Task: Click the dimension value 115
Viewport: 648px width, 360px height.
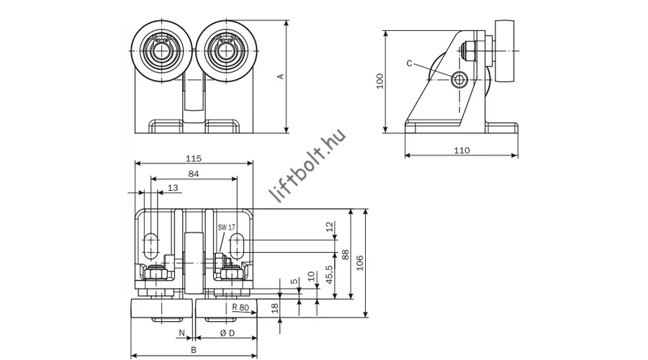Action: point(192,158)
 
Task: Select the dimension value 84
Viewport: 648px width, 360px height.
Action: point(192,174)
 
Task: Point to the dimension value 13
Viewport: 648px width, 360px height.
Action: point(172,188)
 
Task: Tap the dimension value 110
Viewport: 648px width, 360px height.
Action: point(462,150)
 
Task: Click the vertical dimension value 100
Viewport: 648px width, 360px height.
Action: point(379,81)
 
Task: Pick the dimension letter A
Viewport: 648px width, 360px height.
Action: point(282,76)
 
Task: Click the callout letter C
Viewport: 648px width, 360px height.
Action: point(409,63)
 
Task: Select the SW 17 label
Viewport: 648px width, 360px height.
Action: point(227,227)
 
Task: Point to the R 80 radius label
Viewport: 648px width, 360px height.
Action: point(241,307)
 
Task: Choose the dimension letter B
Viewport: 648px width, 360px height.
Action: point(193,350)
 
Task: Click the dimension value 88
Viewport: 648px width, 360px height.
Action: point(346,253)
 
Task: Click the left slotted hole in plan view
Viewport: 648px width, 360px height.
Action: point(152,246)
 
